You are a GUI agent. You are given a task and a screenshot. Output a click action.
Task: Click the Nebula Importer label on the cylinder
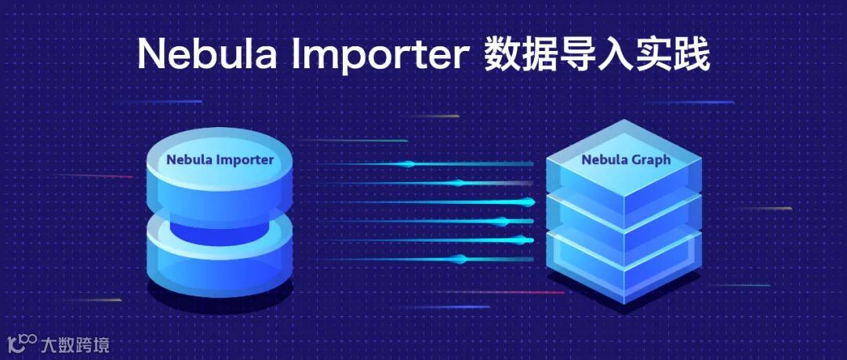(x=220, y=160)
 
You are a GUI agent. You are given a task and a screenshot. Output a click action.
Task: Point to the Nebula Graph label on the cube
(x=626, y=160)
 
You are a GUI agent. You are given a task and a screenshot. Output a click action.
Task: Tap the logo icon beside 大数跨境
(x=23, y=343)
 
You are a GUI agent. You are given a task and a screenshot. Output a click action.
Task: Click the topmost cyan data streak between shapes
(x=408, y=164)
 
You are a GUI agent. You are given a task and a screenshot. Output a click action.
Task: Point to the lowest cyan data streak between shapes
(x=463, y=260)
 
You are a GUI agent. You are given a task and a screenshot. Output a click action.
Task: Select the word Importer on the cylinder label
(x=244, y=160)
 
